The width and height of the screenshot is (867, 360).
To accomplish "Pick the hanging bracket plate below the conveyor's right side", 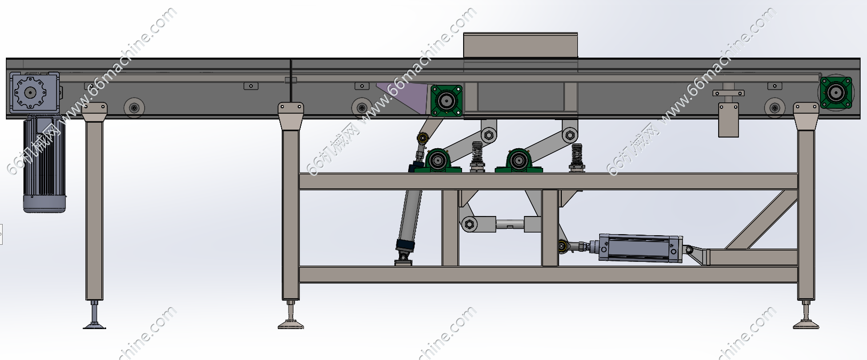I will point(728,120).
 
